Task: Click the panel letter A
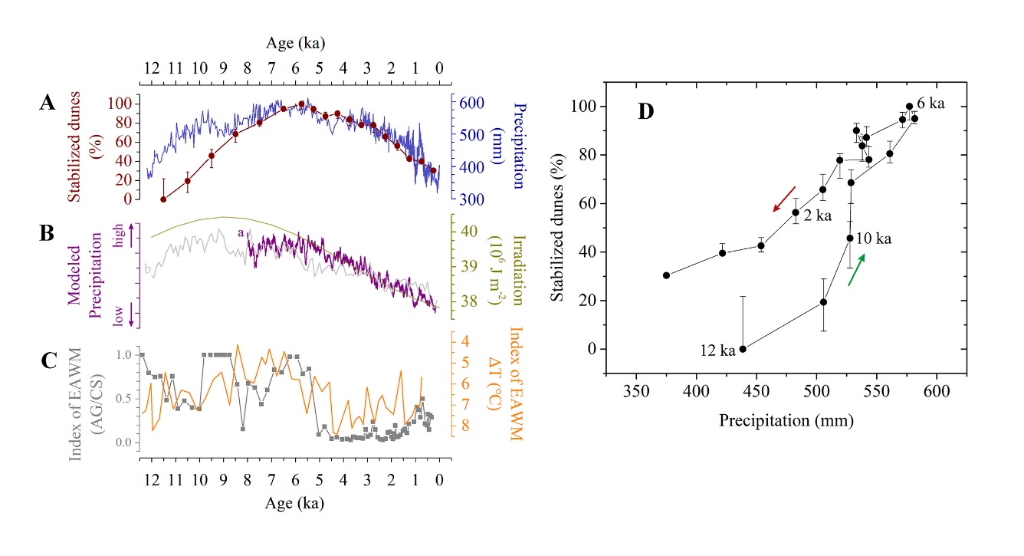[x=47, y=105]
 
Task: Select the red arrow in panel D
[x=784, y=199]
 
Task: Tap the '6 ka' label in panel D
[x=932, y=104]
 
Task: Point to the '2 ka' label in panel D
[x=818, y=216]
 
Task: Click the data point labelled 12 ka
[x=743, y=349]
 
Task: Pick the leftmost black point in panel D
[x=666, y=275]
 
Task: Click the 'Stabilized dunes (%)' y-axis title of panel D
[x=559, y=227]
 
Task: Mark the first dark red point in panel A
[x=163, y=199]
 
